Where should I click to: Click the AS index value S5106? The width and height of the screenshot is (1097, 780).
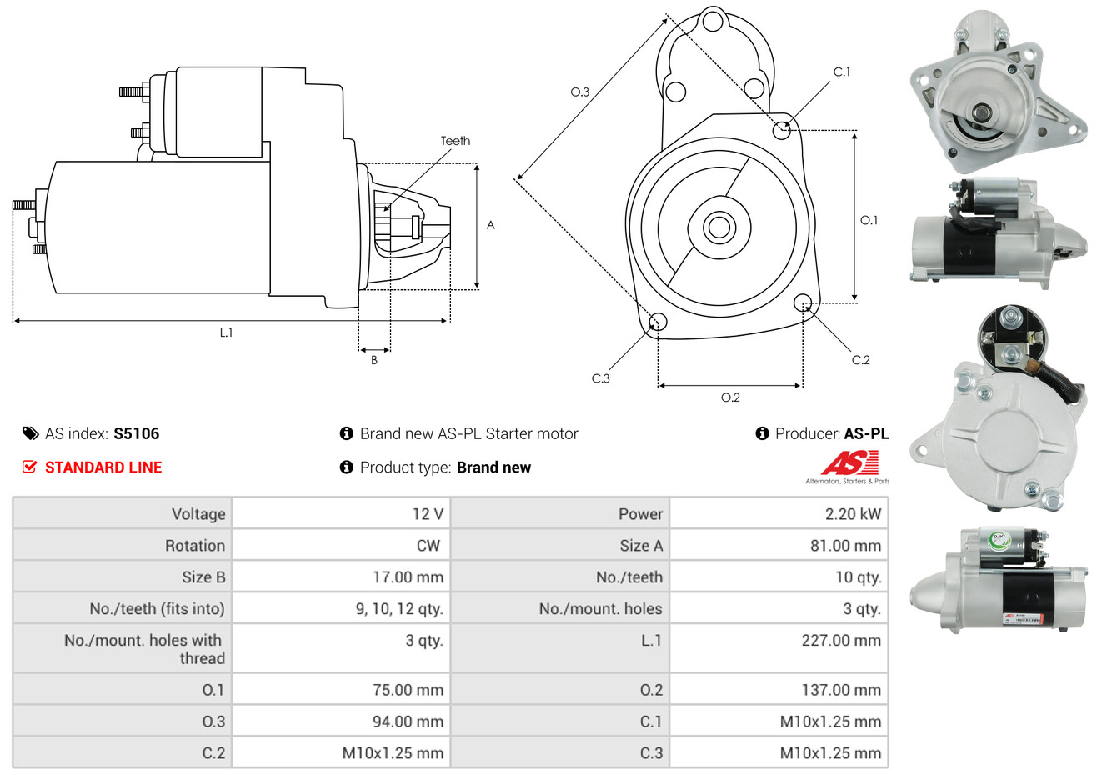136,433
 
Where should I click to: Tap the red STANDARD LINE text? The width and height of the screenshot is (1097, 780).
103,467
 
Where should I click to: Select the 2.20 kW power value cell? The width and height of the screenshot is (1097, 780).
853,514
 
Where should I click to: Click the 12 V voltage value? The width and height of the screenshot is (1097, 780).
428,514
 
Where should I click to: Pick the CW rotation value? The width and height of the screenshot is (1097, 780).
428,546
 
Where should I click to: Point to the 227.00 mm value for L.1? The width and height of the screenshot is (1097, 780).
841,641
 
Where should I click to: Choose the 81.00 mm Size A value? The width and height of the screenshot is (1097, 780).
845,546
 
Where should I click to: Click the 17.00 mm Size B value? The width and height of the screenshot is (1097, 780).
408,577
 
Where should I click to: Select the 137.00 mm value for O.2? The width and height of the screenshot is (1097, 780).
841,690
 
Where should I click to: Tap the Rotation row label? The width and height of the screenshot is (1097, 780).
195,546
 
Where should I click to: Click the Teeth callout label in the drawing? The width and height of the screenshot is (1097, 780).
455,141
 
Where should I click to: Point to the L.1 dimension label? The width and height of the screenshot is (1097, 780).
226,332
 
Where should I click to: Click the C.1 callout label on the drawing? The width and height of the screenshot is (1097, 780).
842,72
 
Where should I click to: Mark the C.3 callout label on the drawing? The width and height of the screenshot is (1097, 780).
600,378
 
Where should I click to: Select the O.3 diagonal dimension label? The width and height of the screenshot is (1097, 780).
579,92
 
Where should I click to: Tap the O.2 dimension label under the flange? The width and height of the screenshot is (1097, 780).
730,397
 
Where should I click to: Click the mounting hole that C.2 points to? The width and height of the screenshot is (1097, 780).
803,302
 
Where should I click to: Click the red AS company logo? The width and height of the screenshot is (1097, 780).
849,463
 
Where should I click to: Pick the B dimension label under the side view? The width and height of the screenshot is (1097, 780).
374,360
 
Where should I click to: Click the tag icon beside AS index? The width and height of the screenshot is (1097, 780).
31,433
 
